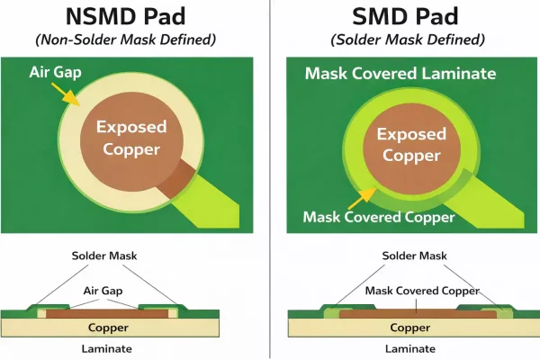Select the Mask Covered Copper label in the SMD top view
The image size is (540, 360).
pos(379,217)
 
